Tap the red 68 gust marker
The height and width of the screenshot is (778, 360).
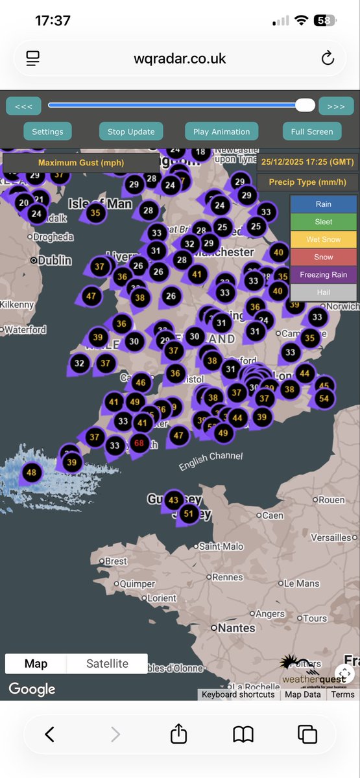(138, 443)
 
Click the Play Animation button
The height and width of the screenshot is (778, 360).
(221, 132)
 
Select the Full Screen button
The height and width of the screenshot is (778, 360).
(311, 132)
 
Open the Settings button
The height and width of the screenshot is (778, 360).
(47, 132)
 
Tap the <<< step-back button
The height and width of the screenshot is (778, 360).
(23, 106)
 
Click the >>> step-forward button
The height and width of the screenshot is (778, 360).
(336, 106)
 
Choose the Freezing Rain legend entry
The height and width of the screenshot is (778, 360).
(323, 275)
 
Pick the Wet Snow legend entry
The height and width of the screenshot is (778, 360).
(323, 239)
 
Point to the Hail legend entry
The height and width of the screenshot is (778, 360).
(323, 292)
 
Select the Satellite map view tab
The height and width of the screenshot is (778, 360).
(107, 663)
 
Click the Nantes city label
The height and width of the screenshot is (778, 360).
(236, 628)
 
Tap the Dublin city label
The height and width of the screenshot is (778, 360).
(54, 260)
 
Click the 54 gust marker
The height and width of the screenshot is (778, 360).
(324, 398)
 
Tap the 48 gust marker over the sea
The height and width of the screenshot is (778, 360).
(31, 473)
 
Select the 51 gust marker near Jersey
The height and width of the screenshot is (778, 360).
(189, 514)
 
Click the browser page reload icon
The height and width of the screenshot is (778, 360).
(328, 58)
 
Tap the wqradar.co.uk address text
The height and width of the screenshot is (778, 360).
(180, 58)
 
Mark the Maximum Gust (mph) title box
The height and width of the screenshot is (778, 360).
(80, 163)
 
